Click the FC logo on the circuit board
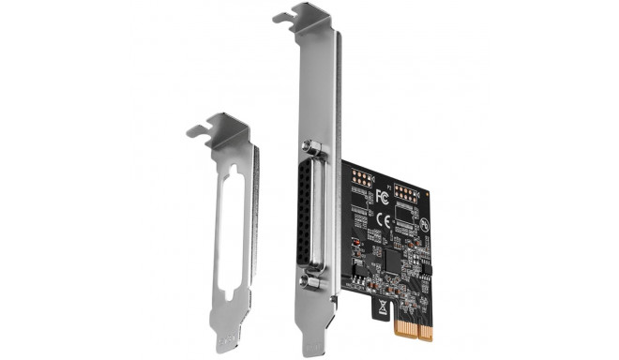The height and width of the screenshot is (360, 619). coord(382,197)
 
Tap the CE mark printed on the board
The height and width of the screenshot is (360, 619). coord(382,215)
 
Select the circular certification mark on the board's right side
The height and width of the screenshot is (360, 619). coord(425,225)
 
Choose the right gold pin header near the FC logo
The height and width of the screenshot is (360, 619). coord(406,194)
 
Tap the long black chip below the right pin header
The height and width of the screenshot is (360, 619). coord(404,223)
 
